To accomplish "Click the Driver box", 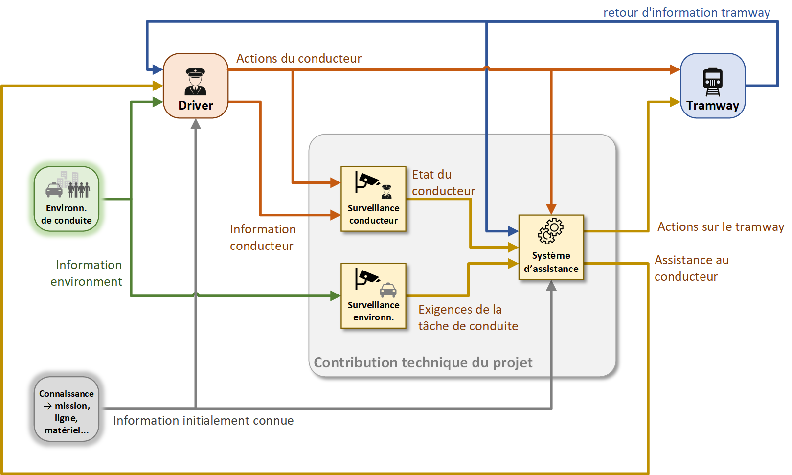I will click(x=196, y=86).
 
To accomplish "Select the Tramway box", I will click(x=713, y=86).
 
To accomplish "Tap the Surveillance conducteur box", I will click(x=373, y=199).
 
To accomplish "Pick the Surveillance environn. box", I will click(x=373, y=295).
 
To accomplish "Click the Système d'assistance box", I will click(x=551, y=247).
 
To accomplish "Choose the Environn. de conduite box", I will click(x=67, y=199).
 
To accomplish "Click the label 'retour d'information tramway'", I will click(x=686, y=13).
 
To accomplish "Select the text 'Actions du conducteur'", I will click(x=299, y=59).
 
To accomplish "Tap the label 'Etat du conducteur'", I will click(x=443, y=183).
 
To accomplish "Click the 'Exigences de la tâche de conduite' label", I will click(x=468, y=318).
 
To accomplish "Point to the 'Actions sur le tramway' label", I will click(x=721, y=227).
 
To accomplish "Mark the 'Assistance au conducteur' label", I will click(x=691, y=269).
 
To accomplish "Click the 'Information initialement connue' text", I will click(x=204, y=421).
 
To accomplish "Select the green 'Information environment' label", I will click(x=87, y=273).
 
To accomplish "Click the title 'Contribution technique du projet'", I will click(x=423, y=362).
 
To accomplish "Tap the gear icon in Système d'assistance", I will click(x=551, y=231).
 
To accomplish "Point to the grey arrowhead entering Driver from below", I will click(x=196, y=124).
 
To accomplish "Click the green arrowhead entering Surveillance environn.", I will click(x=336, y=295).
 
